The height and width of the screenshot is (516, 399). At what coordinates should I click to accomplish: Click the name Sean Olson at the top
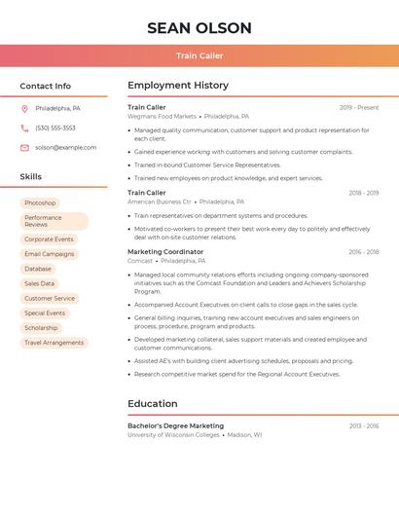(199, 28)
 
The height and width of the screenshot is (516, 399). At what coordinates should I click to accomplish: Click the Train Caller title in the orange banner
(199, 55)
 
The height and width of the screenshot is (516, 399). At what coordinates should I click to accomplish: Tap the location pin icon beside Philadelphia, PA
(24, 108)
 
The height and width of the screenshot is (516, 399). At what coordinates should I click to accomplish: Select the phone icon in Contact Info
(24, 128)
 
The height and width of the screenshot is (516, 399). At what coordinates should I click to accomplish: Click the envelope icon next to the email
(24, 147)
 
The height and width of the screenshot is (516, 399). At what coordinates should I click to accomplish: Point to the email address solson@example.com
(65, 147)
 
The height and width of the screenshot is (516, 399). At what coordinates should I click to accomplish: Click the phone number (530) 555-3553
(55, 128)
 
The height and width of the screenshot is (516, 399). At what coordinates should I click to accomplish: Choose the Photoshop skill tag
(40, 203)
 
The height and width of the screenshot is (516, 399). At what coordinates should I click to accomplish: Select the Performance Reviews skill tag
(54, 221)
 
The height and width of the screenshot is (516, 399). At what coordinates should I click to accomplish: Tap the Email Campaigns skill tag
(49, 253)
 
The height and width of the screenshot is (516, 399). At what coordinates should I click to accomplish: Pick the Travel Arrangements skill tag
(54, 343)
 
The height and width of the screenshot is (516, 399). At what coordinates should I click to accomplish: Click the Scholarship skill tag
(41, 328)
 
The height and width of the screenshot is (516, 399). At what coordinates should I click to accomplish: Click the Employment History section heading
(178, 86)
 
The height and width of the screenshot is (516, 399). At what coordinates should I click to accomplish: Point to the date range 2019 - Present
(359, 107)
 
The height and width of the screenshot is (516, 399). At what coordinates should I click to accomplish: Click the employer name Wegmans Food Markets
(162, 116)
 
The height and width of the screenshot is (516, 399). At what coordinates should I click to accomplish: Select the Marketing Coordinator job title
(165, 251)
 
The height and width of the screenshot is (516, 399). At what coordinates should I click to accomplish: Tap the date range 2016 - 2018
(364, 251)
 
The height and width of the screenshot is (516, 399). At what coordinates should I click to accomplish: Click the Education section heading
(153, 403)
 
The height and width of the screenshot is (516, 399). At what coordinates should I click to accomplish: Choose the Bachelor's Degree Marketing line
(175, 425)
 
